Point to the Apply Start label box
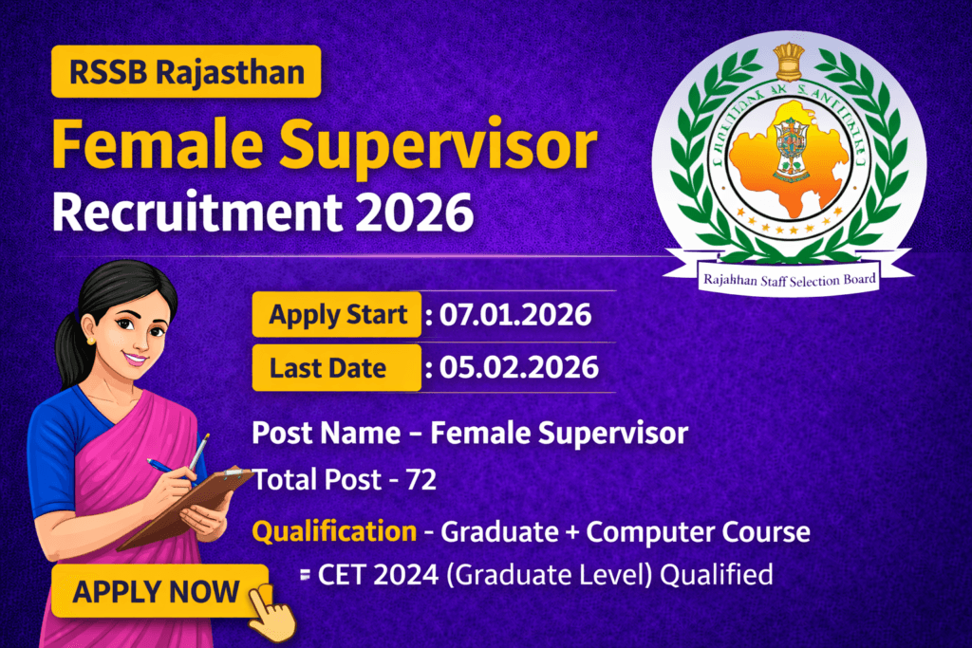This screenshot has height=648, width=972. click(336, 315)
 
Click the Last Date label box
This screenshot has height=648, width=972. click(336, 368)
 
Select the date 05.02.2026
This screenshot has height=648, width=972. click(518, 368)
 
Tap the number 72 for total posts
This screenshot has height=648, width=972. click(419, 481)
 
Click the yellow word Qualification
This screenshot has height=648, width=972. click(333, 532)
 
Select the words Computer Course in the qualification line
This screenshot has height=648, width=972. click(698, 532)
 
